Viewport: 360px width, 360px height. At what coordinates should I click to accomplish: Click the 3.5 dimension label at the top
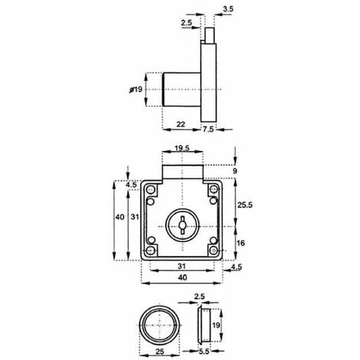pos(228,9)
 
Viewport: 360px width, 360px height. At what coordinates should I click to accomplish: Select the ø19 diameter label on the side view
pos(136,90)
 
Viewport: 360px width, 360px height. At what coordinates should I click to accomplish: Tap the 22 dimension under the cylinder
pos(181,124)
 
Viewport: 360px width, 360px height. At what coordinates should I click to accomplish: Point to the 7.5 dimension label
pos(208,129)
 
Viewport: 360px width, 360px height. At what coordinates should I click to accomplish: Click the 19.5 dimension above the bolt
pos(182,148)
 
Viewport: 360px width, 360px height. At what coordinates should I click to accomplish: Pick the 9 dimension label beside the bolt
pos(235,171)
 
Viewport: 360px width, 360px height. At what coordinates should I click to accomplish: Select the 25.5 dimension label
pos(245,205)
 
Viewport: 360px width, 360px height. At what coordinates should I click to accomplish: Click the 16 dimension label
pos(241,243)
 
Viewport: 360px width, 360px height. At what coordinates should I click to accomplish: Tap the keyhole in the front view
pos(182,224)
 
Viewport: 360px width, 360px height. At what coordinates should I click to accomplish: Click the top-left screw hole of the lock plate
pos(151,190)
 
